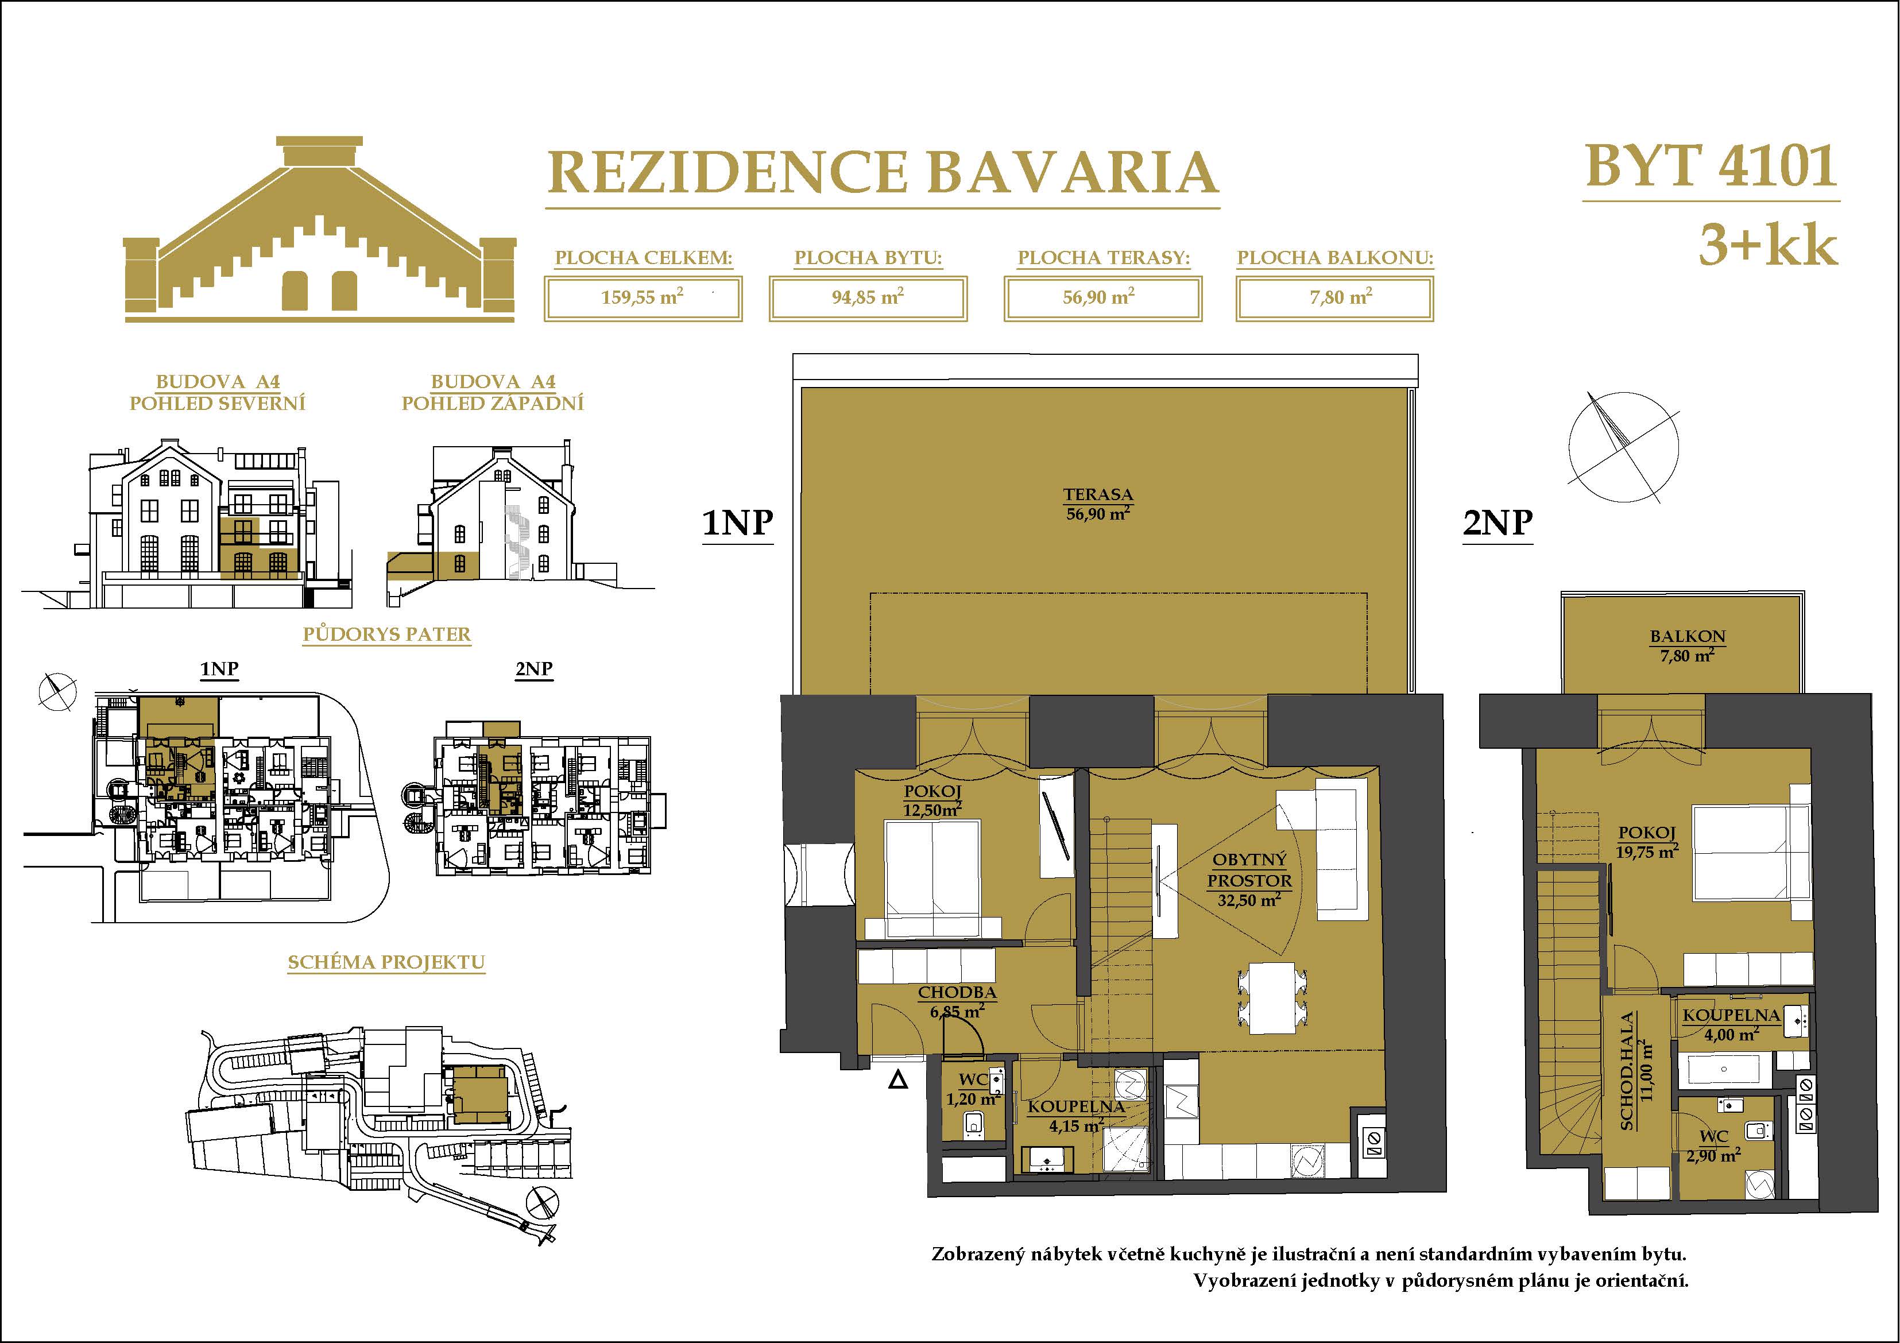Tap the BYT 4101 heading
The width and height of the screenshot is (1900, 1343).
point(1711,167)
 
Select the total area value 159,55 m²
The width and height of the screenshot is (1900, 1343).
point(642,297)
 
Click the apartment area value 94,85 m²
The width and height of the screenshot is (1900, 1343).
point(867,297)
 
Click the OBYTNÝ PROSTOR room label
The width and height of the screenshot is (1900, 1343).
point(1249,870)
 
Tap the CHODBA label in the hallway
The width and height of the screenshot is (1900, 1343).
point(957,992)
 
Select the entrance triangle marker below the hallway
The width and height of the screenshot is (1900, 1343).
point(898,1080)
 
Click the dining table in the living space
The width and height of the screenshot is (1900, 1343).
point(1273,997)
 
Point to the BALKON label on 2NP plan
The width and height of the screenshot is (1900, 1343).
point(1688,636)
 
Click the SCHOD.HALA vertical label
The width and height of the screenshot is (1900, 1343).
point(1627,1071)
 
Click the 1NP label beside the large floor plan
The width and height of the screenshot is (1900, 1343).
point(737,523)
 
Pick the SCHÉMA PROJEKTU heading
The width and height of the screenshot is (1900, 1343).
point(386,962)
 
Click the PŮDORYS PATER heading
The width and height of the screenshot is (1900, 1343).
point(386,634)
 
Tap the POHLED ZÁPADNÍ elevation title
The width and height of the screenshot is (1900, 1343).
point(493,403)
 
